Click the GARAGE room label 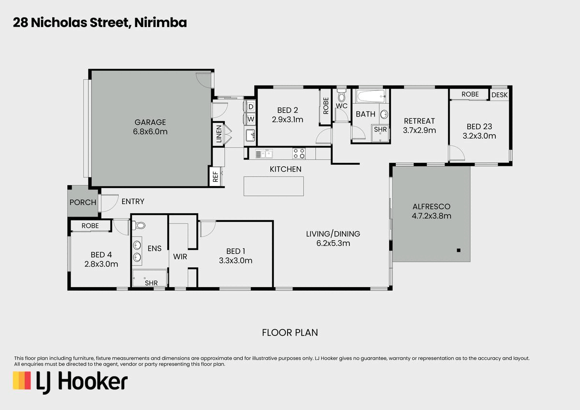(x=150, y=122)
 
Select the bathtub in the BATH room (x=372, y=96)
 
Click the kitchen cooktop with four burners (x=299, y=153)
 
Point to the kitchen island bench (x=274, y=186)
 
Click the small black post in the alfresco (x=459, y=250)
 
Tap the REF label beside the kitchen (x=216, y=177)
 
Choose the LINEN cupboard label (x=219, y=133)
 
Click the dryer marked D (x=250, y=107)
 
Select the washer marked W (x=250, y=119)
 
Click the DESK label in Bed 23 (x=499, y=95)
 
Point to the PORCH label (x=83, y=202)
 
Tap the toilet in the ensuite (x=139, y=226)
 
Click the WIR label (x=180, y=257)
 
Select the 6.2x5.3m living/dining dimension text (x=333, y=243)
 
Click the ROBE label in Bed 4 (x=90, y=226)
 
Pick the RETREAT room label (x=419, y=121)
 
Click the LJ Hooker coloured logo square (x=22, y=380)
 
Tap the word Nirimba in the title (x=160, y=23)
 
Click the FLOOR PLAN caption (x=290, y=333)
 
